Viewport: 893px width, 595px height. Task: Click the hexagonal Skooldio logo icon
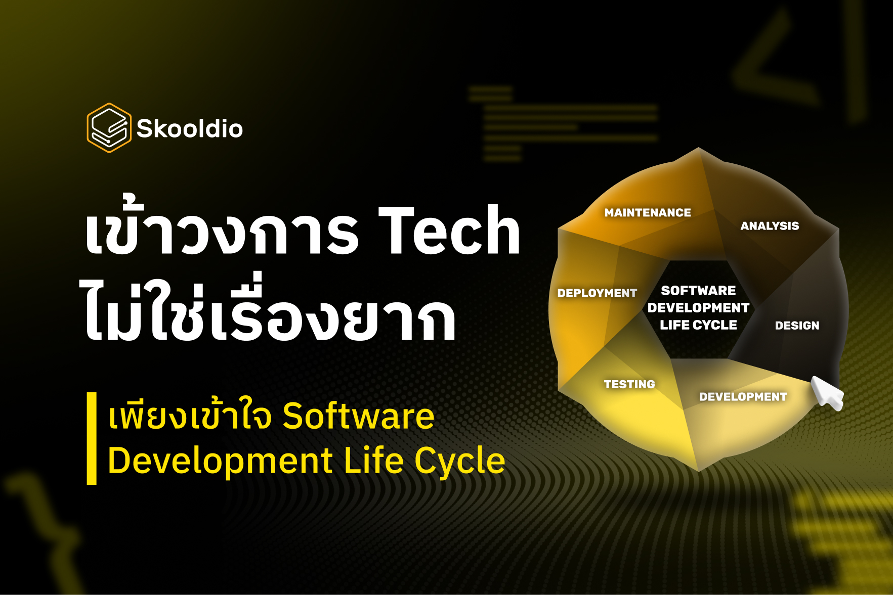click(x=109, y=128)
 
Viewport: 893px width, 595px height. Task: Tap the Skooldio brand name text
click(x=190, y=129)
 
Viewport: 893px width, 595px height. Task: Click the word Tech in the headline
click(x=449, y=231)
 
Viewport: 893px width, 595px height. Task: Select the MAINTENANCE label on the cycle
click(x=648, y=213)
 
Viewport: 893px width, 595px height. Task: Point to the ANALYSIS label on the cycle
click(x=770, y=226)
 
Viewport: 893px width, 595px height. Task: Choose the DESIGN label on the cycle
click(x=797, y=326)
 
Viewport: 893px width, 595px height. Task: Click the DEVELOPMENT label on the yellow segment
click(x=743, y=397)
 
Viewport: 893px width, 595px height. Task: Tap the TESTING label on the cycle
click(x=629, y=384)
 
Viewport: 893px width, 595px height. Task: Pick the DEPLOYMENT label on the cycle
click(x=597, y=293)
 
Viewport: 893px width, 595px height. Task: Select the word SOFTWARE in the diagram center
click(x=698, y=291)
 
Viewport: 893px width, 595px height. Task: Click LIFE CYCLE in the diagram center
click(x=698, y=325)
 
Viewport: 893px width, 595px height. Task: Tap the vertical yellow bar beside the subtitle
click(x=92, y=438)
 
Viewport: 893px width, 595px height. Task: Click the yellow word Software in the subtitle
click(x=358, y=416)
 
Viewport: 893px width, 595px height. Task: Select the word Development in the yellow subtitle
click(x=220, y=461)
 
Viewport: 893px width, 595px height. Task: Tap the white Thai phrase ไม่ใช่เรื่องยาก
click(x=268, y=316)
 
